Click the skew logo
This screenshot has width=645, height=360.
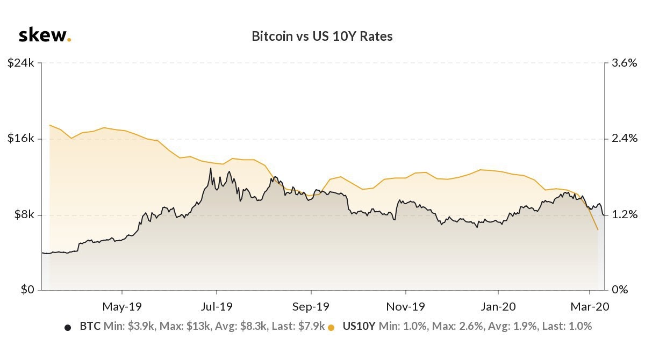point(45,35)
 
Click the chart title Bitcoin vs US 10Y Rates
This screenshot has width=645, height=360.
point(322,37)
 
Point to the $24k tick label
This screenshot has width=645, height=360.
point(21,63)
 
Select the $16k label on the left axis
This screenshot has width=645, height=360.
point(21,139)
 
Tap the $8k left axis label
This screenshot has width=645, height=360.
point(24,214)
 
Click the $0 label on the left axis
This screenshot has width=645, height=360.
point(27,289)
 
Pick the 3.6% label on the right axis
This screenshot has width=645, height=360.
point(624,63)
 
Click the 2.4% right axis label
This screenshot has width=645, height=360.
point(624,139)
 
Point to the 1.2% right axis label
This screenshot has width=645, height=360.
point(624,214)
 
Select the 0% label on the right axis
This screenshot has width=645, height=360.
point(620,289)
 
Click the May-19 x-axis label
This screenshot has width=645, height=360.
point(122,307)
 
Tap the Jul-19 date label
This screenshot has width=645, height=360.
point(217,307)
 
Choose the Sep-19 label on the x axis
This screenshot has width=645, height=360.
point(311,307)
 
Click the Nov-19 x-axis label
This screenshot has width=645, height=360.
point(405,307)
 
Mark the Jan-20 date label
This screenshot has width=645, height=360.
point(498,307)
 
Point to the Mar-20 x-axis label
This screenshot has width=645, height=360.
point(590,307)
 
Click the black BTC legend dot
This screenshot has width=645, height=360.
point(68,328)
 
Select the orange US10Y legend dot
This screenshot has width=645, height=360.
point(331,328)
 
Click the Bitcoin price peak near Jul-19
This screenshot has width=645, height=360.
point(211,168)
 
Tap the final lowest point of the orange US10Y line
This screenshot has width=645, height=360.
point(598,229)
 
